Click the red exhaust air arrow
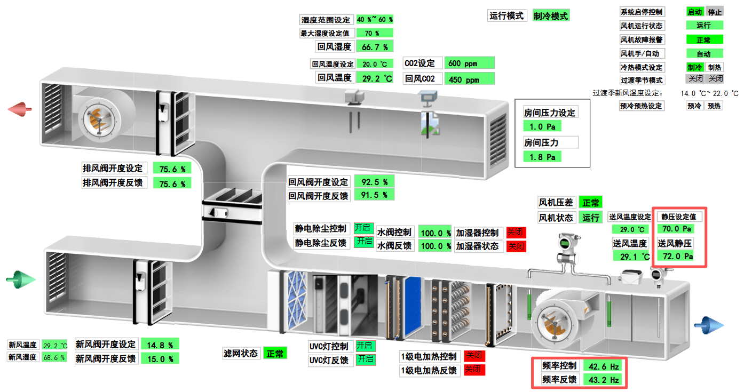[x=20, y=109]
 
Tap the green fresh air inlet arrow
[x=20, y=279]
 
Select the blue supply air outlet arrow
[x=709, y=324]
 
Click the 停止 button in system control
[x=714, y=12]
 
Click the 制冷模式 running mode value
[x=551, y=16]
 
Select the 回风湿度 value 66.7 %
[x=375, y=47]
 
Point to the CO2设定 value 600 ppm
[x=469, y=63]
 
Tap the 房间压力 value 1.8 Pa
[x=542, y=157]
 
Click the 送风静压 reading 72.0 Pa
[x=678, y=256]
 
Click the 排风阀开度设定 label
[x=113, y=169]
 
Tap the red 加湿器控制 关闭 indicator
[x=516, y=233]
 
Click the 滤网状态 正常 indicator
[x=275, y=353]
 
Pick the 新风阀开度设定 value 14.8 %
[x=160, y=345]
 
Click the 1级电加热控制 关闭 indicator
[x=474, y=356]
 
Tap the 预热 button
[x=714, y=106]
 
